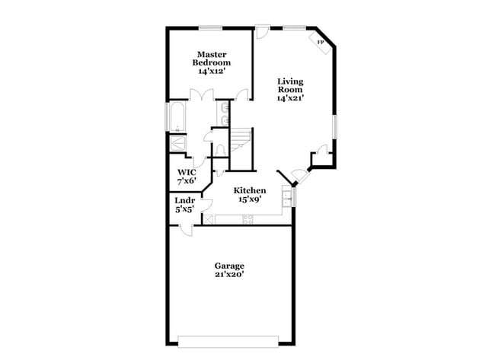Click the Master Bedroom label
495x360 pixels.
click(x=212, y=59)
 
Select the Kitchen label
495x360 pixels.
click(x=249, y=190)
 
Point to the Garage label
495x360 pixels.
click(x=228, y=266)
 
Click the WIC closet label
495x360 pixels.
click(x=186, y=173)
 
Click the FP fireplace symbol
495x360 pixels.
click(x=320, y=43)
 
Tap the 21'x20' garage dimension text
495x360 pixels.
click(x=228, y=275)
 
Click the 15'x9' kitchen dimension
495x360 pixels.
click(x=249, y=199)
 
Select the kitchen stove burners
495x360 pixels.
click(x=246, y=220)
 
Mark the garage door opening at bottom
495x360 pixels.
click(x=228, y=338)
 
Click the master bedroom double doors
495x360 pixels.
click(x=203, y=97)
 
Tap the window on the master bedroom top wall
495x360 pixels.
click(x=211, y=28)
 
